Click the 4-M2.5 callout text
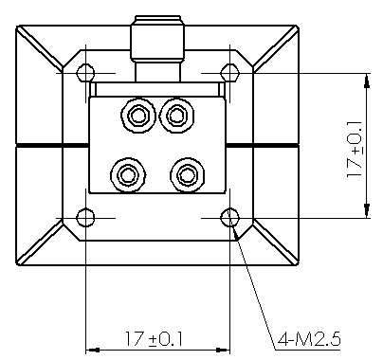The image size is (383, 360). [309, 340]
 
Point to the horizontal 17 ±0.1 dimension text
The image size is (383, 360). [155, 339]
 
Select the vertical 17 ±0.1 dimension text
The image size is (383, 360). [355, 149]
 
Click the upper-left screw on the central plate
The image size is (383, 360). [138, 116]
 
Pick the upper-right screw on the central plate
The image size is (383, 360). [176, 116]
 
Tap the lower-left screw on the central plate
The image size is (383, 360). [128, 175]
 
